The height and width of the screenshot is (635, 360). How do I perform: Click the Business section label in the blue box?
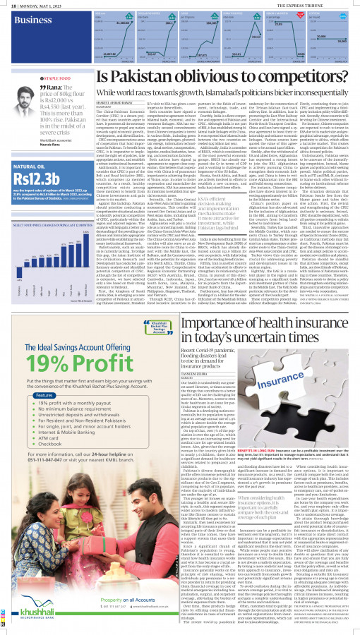(x=28, y=21)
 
